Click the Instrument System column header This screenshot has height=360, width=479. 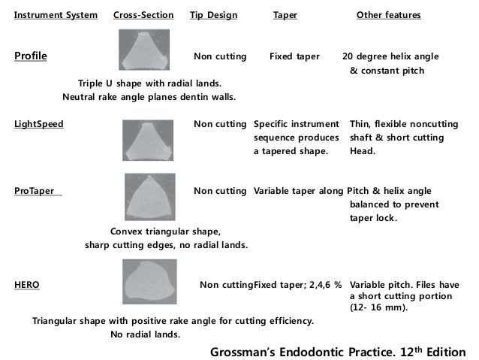56,15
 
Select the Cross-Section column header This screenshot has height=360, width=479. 143,15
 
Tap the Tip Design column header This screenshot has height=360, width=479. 214,15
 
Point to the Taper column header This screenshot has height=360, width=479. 285,15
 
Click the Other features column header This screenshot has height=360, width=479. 388,15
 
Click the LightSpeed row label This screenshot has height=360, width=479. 39,123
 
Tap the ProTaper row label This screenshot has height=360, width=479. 38,191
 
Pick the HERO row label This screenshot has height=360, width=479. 27,286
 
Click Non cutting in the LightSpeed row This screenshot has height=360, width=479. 220,123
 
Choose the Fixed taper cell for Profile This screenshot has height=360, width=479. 294,56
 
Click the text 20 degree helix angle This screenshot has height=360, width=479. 390,56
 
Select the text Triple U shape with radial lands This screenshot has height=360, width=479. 149,83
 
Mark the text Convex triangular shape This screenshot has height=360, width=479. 165,231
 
